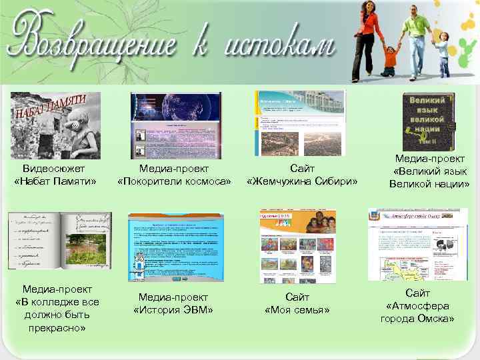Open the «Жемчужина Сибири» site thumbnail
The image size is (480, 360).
click(300, 123)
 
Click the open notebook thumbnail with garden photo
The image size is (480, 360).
click(59, 241)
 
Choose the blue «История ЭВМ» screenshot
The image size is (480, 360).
click(175, 247)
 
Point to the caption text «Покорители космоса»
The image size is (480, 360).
click(174, 181)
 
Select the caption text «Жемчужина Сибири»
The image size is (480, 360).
click(302, 181)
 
